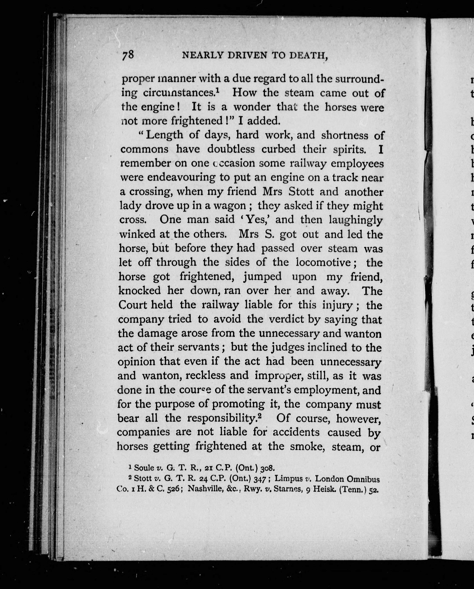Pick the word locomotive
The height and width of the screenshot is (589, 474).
(323, 262)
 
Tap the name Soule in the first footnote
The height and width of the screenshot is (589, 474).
(144, 468)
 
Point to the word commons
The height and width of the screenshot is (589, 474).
(144, 149)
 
